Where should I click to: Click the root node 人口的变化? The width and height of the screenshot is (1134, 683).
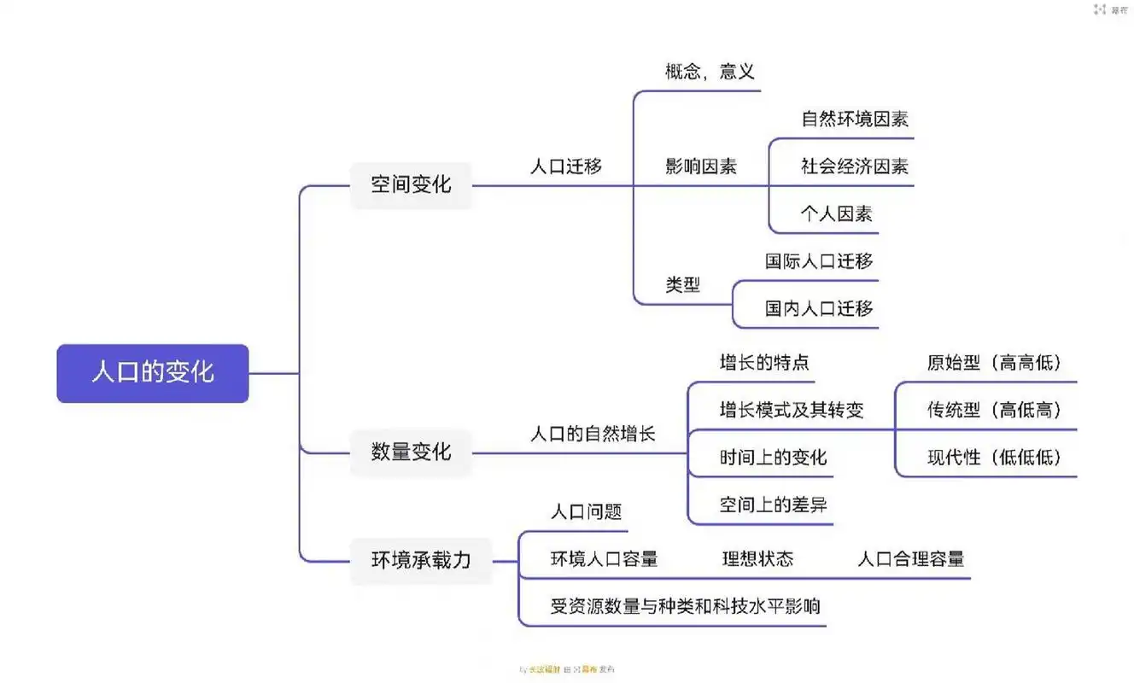(153, 373)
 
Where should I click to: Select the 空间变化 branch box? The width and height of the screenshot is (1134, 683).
(411, 184)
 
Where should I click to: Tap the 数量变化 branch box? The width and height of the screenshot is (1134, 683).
(411, 452)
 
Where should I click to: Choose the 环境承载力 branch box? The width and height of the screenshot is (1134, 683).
(421, 560)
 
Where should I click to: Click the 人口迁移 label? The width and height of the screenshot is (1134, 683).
(566, 166)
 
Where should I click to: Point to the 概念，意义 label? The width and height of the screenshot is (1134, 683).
(710, 72)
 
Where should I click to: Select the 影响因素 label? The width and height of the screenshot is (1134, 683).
(701, 166)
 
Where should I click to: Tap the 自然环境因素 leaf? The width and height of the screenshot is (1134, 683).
(854, 120)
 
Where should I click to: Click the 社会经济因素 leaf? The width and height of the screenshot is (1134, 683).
(854, 166)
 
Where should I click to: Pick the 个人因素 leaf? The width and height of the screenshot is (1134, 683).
(836, 213)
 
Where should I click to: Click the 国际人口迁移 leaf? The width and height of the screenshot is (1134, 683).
(819, 261)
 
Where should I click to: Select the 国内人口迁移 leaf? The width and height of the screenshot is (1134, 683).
(819, 308)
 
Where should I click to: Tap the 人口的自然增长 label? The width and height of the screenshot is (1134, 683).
(593, 434)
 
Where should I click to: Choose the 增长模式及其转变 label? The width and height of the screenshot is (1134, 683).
(792, 411)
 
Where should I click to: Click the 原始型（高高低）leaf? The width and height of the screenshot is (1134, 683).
(995, 363)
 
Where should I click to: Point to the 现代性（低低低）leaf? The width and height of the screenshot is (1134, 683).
(995, 458)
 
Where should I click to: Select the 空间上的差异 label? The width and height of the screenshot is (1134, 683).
(773, 505)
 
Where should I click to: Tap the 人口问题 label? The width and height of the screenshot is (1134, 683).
(586, 512)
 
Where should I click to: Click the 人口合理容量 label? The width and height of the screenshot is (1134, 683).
(910, 559)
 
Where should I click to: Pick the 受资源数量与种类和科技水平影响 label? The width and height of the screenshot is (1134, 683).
(685, 607)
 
